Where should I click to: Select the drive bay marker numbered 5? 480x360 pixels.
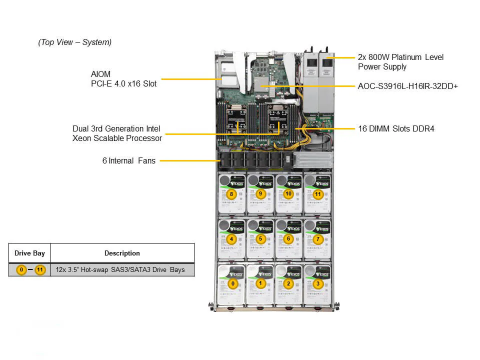point(260,239)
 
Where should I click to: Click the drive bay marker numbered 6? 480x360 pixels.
point(288,239)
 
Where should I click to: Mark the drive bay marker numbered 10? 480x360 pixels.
point(288,193)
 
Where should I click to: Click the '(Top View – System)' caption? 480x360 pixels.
point(75,42)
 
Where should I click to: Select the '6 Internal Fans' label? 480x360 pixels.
point(129,160)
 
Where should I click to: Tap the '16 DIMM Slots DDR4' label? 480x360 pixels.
point(396,129)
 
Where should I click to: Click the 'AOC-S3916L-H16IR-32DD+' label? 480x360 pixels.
point(408,86)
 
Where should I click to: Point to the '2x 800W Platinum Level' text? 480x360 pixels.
point(400,57)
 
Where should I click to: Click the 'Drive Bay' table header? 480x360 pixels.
point(29,253)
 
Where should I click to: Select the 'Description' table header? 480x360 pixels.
point(122,253)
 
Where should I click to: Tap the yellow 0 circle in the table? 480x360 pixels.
point(21,270)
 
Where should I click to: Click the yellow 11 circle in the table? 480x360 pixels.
point(40,270)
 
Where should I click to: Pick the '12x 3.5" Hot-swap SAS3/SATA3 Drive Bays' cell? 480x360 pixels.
point(120,270)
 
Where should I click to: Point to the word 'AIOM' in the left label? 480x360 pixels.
point(100,74)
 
